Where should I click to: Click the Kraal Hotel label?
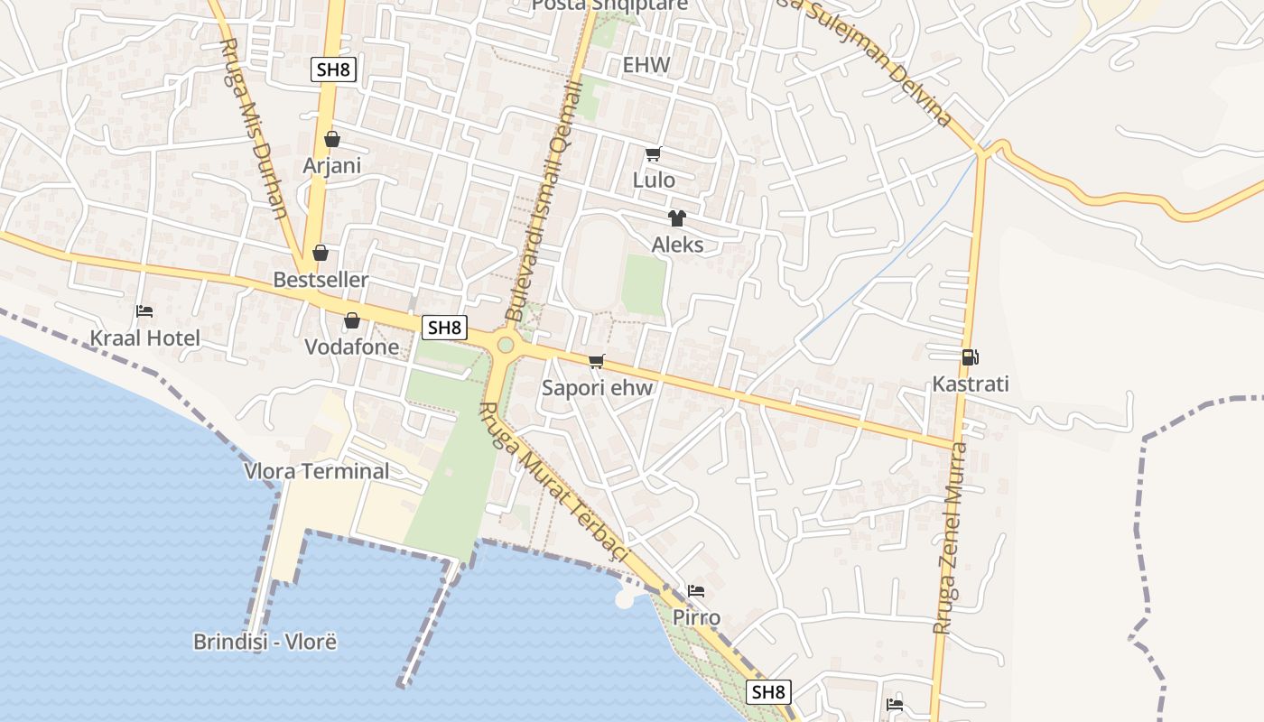point(144,338)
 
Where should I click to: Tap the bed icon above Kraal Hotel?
point(144,311)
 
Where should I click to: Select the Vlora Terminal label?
point(317,470)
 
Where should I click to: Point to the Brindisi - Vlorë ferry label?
point(265,642)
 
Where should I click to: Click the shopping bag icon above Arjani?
point(332,139)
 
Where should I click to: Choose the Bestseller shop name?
point(321,280)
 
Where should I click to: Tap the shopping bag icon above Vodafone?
point(352,320)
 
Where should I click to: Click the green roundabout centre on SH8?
point(506,344)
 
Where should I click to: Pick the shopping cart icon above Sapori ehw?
point(596,362)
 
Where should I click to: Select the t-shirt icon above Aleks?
point(677,218)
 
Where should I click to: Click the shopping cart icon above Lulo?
point(654,153)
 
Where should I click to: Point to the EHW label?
point(646,65)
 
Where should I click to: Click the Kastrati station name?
point(971,384)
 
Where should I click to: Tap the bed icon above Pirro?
point(696,591)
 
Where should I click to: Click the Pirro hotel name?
point(696,618)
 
